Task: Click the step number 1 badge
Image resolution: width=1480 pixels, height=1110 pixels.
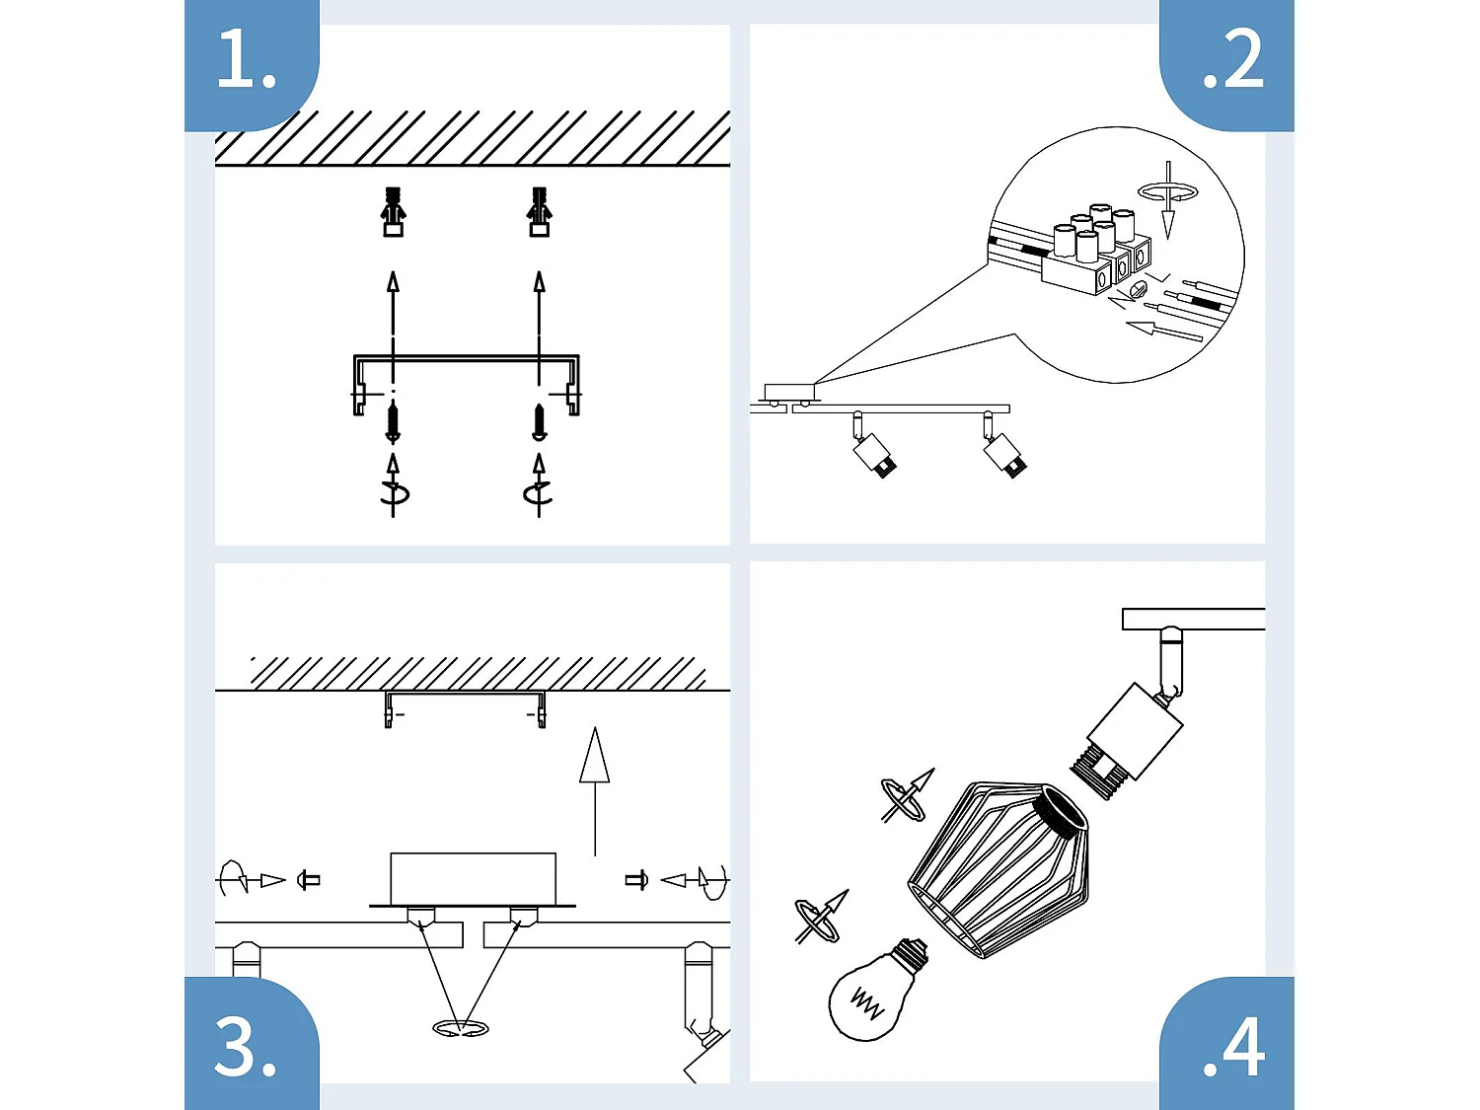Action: click(250, 61)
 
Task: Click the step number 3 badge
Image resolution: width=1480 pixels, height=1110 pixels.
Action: click(250, 1045)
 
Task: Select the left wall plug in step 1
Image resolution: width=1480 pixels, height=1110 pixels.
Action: click(393, 211)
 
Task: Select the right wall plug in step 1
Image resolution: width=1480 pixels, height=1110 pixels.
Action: click(539, 211)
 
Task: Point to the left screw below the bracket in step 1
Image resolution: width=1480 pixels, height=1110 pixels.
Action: click(393, 422)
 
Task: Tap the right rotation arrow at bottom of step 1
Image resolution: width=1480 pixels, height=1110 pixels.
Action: click(538, 489)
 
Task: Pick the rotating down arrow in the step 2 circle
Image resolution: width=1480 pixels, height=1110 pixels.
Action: click(1168, 197)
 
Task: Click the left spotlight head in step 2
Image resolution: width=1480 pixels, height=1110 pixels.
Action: click(872, 453)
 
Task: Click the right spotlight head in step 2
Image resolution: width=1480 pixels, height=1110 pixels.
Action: click(1004, 453)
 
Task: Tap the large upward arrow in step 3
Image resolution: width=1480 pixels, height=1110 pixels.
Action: click(594, 789)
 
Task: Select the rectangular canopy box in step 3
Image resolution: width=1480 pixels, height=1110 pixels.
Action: click(473, 878)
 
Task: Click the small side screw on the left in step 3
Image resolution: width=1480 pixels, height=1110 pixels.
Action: click(309, 879)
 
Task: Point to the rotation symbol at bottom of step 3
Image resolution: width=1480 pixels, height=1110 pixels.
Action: click(460, 1029)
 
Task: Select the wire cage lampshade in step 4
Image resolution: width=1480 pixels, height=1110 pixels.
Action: click(997, 868)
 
